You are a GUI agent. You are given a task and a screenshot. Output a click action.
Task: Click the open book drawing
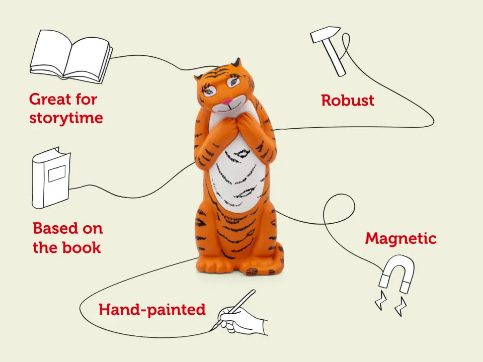coord(71,57)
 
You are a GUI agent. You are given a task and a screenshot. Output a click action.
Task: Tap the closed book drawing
coord(51,177)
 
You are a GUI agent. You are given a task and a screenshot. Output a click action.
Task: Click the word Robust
coord(348,101)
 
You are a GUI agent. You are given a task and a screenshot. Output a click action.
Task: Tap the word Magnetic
coord(401,238)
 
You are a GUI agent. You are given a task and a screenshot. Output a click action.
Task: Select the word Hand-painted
coord(152,310)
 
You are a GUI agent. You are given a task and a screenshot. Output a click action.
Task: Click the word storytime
coord(66,118)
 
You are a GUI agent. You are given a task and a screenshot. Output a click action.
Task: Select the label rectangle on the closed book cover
coord(57,173)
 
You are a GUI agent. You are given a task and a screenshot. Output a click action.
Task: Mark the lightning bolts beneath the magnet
coord(390,303)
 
